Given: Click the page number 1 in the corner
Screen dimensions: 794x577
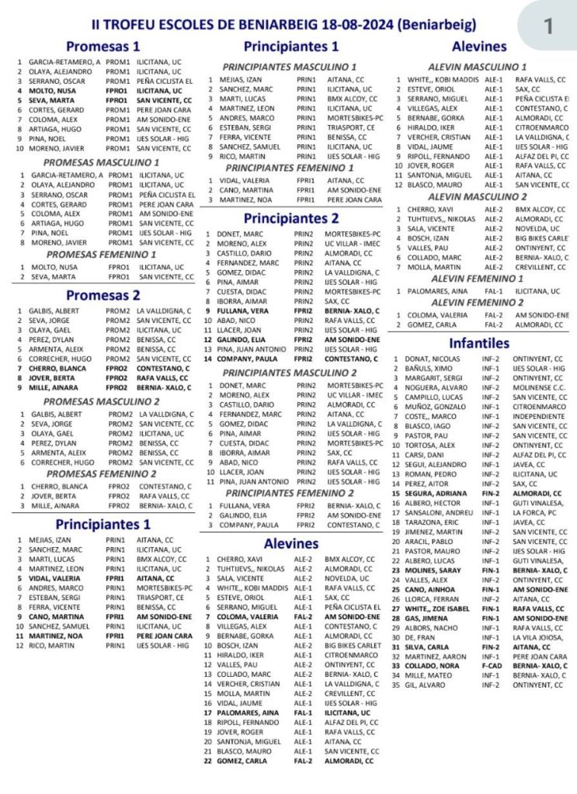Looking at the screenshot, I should [548, 26].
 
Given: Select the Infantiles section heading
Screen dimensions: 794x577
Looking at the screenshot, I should [478, 342].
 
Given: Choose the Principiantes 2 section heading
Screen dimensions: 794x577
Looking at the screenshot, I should [290, 218].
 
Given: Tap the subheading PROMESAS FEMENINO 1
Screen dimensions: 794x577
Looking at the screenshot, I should [101, 254].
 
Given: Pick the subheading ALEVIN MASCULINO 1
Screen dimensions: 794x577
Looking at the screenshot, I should [477, 67].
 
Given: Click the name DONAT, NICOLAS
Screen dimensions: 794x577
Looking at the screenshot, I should [432, 359].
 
